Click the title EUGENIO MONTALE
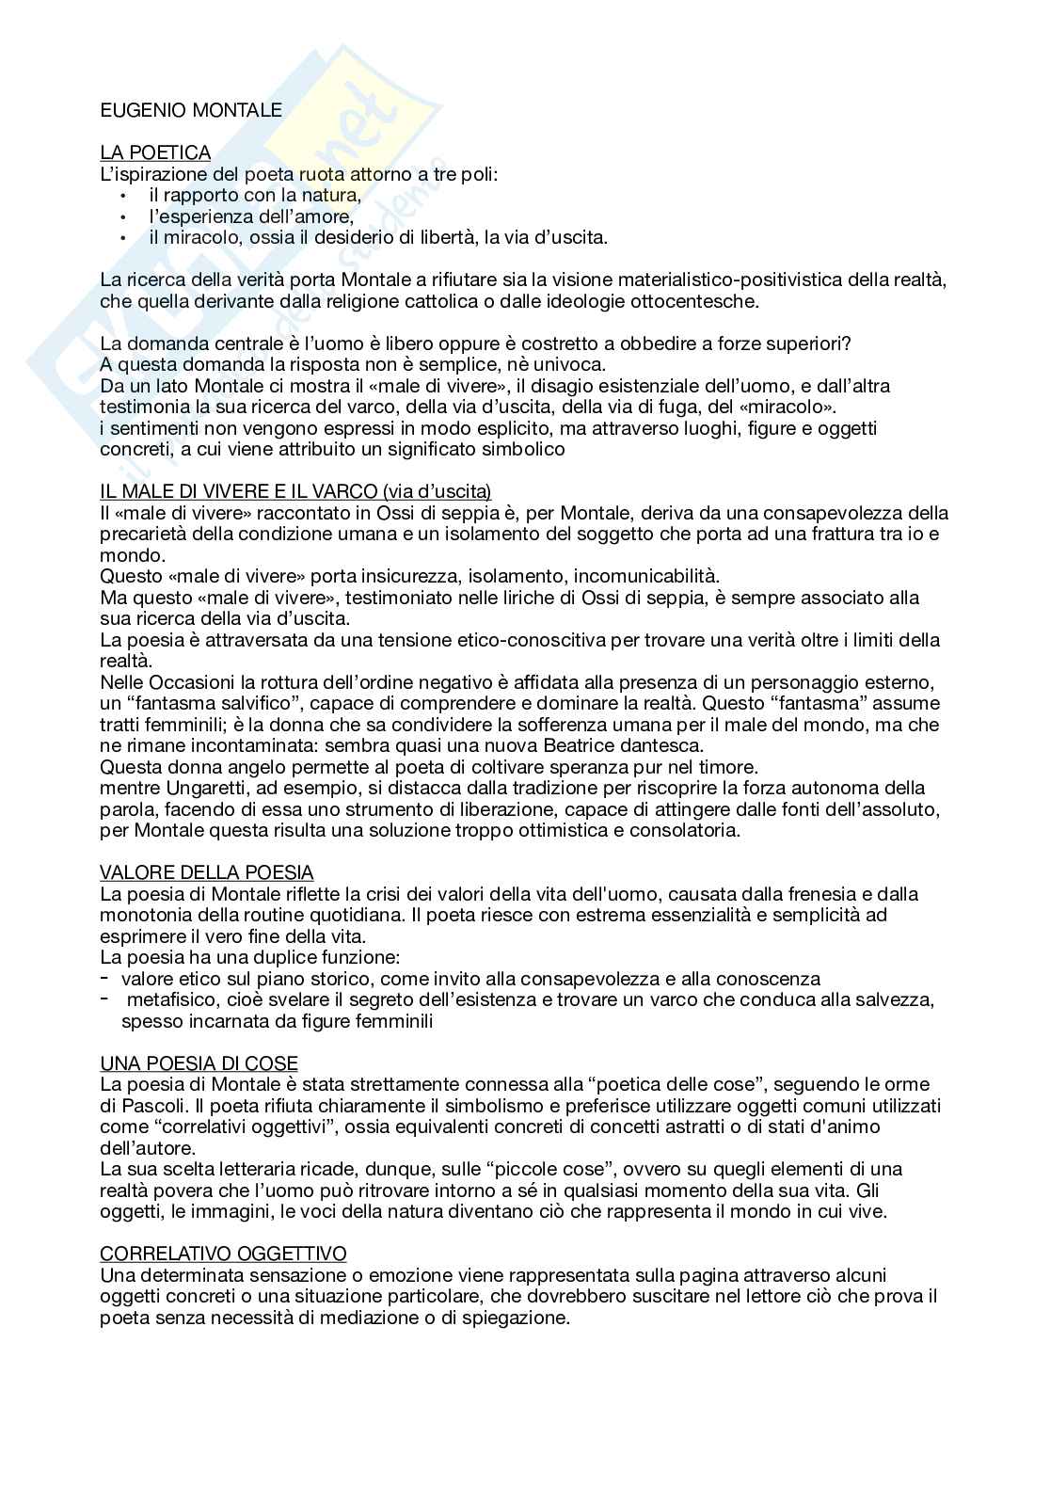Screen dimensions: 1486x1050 click(x=191, y=110)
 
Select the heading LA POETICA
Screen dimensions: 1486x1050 click(x=155, y=152)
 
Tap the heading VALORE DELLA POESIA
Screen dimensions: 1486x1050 click(x=207, y=873)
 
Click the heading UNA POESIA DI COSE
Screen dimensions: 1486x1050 click(x=199, y=1063)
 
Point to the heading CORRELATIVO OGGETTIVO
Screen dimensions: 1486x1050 click(x=223, y=1254)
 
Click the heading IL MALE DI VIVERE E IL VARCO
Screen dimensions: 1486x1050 click(x=295, y=491)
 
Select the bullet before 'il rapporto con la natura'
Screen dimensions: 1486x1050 click(x=122, y=197)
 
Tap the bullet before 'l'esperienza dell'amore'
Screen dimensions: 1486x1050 click(x=122, y=217)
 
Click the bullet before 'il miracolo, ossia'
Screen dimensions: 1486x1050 click(x=122, y=238)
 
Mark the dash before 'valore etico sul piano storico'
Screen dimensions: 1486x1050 click(x=105, y=979)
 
